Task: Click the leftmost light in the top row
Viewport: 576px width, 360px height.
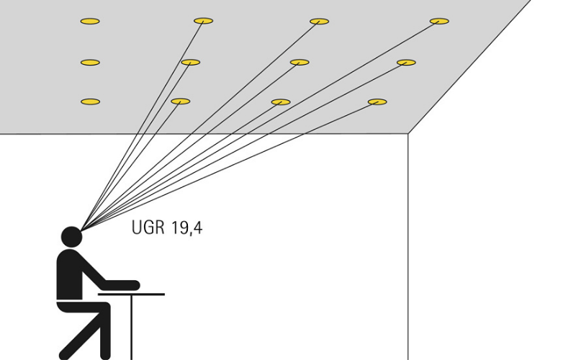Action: click(90, 21)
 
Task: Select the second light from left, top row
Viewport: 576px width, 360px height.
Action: click(204, 21)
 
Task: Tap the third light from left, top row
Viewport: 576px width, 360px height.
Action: click(319, 22)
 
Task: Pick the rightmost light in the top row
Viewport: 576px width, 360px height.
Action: click(439, 21)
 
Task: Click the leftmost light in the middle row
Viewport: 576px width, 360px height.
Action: click(90, 63)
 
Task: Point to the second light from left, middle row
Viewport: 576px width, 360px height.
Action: click(190, 63)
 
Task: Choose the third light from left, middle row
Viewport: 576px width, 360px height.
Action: click(300, 63)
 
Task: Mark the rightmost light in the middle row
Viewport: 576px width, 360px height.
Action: click(406, 63)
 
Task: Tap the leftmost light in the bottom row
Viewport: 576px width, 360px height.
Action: click(90, 102)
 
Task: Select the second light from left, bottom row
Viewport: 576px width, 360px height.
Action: click(181, 102)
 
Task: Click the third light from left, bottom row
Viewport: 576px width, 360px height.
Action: click(281, 102)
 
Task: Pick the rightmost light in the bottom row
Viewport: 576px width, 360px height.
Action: click(377, 102)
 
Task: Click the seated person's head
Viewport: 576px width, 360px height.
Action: click(71, 236)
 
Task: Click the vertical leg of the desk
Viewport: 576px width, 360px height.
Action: click(132, 328)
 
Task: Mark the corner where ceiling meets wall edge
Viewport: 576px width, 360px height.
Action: click(408, 134)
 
